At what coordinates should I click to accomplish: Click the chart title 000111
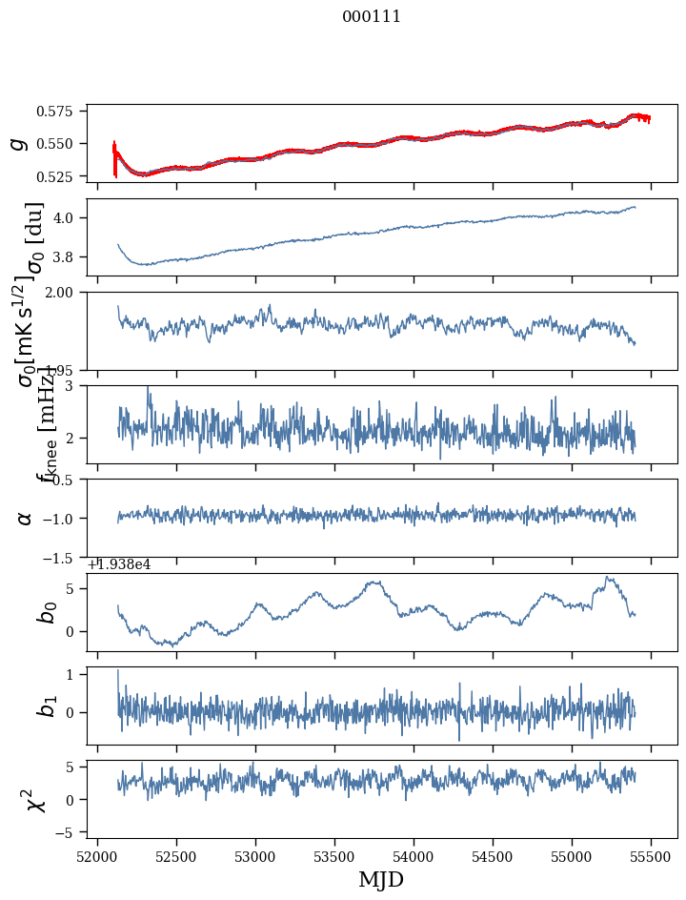(372, 17)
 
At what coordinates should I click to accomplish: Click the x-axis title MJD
(381, 880)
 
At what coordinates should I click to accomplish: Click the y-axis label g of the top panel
(17, 143)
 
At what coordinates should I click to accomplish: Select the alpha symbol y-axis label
(25, 518)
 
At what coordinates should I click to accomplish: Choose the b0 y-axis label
(47, 611)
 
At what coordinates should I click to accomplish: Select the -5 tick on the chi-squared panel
(68, 833)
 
